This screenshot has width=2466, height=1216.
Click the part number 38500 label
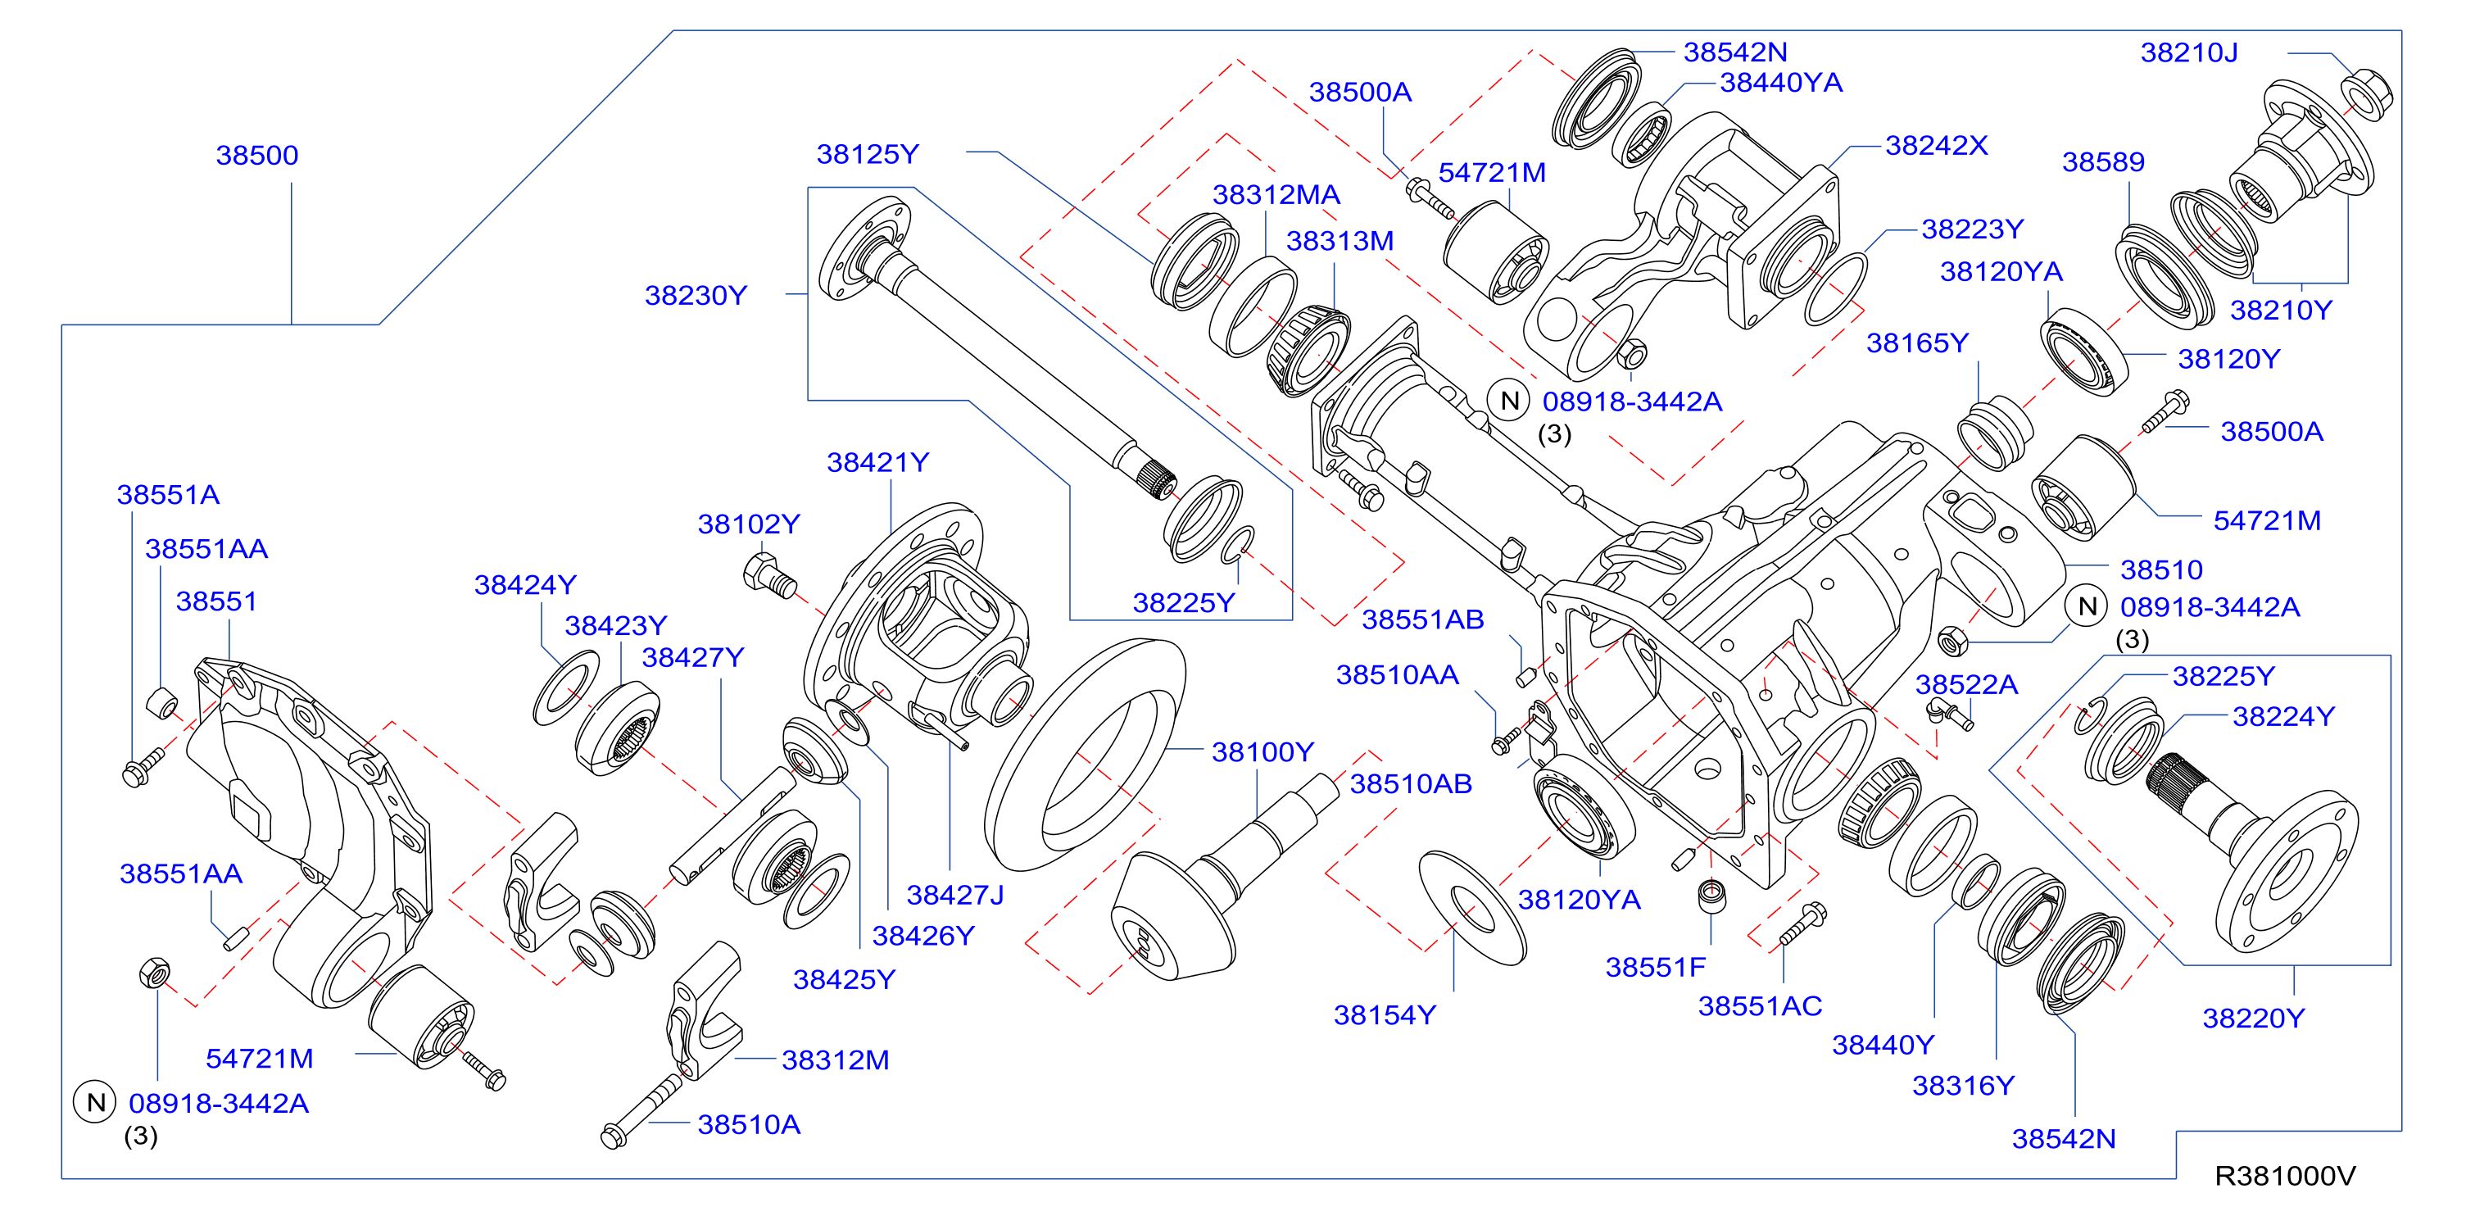[x=256, y=155]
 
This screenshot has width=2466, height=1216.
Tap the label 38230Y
[x=695, y=296]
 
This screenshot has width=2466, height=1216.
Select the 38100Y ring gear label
[x=1262, y=752]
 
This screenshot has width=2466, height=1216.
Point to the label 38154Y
[x=1385, y=1015]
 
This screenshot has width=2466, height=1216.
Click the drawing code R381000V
[x=2285, y=1176]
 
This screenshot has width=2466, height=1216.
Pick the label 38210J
[x=2188, y=52]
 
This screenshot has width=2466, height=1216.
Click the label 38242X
[x=1936, y=146]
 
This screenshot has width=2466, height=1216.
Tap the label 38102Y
[x=748, y=524]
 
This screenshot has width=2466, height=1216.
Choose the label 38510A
[x=749, y=1125]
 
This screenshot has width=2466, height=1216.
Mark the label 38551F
[x=1655, y=967]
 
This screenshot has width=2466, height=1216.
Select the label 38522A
[x=1966, y=684]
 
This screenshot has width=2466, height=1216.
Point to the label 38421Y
[x=877, y=462]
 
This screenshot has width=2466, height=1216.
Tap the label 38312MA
[x=1276, y=195]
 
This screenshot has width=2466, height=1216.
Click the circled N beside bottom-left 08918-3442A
[x=95, y=1103]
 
